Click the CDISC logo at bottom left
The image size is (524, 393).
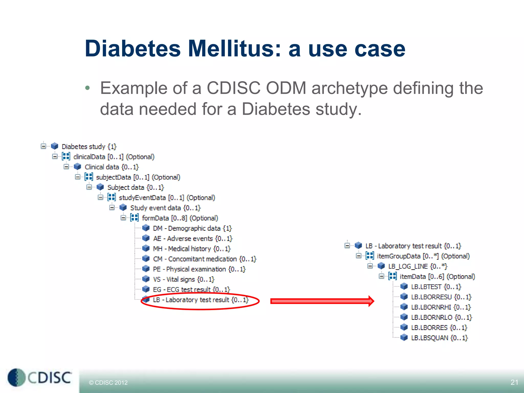[x=40, y=377]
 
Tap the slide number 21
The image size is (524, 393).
[x=514, y=382]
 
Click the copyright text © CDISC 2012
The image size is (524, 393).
[x=108, y=383]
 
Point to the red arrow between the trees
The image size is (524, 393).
[x=322, y=301]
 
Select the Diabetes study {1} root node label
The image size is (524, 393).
[x=89, y=147]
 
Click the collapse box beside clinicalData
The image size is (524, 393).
[x=55, y=157]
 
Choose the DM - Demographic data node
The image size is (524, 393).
[x=192, y=228]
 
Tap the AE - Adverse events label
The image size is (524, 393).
[x=192, y=238]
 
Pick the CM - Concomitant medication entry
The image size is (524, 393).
[x=204, y=259]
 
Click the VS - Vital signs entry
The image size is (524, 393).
[x=183, y=279]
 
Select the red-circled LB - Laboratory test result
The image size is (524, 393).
[x=201, y=300]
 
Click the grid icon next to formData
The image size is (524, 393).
[x=135, y=218]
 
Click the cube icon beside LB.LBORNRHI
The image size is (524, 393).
[x=404, y=307]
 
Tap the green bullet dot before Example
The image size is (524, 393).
[x=88, y=88]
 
